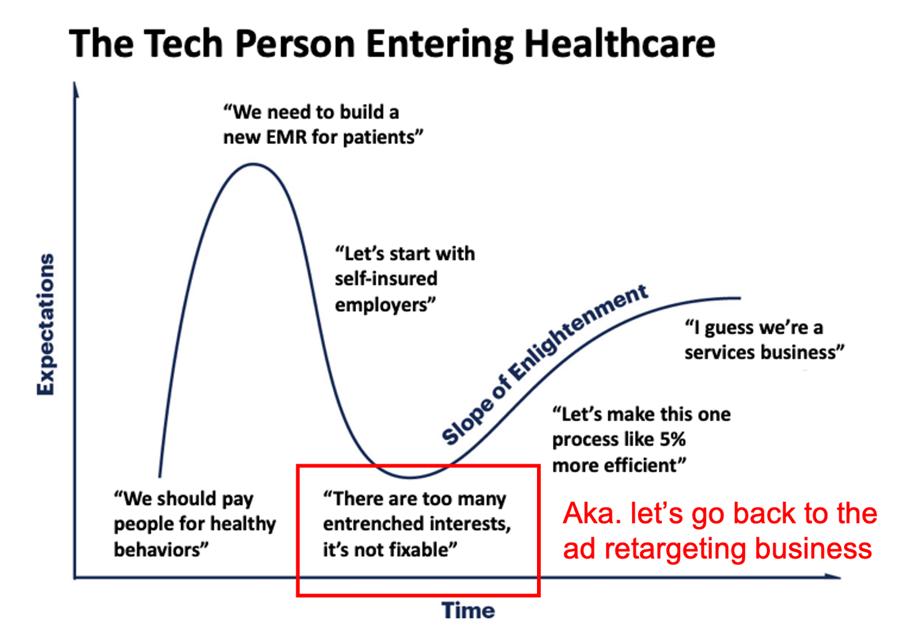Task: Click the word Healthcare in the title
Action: [x=619, y=44]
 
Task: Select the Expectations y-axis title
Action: [x=46, y=324]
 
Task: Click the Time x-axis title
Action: [x=468, y=610]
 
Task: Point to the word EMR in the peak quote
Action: [x=286, y=137]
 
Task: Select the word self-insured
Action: [x=386, y=279]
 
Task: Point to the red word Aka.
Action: [x=592, y=514]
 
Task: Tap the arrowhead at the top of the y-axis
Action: [x=75, y=89]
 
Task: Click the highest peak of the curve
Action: [x=253, y=164]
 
